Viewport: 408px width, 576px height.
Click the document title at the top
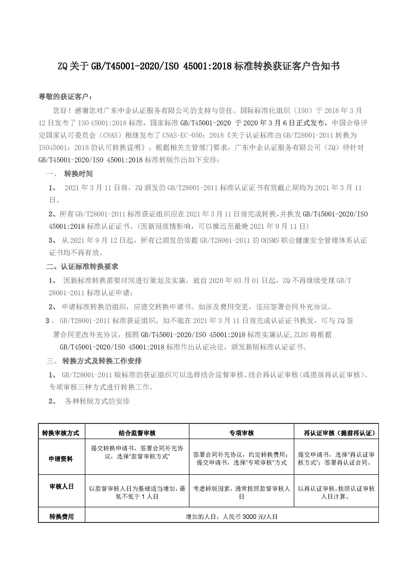click(x=199, y=66)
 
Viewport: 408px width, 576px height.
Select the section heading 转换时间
click(x=78, y=174)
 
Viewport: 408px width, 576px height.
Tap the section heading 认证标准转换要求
click(x=90, y=266)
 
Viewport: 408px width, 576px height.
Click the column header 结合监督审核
click(x=137, y=433)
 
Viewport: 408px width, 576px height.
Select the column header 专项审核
click(x=241, y=433)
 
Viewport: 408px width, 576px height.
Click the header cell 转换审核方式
click(x=60, y=433)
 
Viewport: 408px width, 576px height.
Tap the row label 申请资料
click(x=60, y=459)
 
